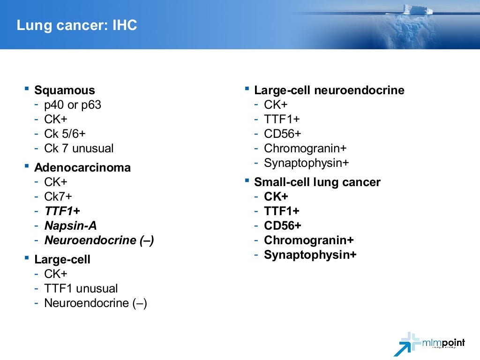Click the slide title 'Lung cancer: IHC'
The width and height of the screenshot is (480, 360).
click(77, 25)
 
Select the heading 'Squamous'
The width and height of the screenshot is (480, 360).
click(64, 90)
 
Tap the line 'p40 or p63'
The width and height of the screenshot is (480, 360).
click(72, 105)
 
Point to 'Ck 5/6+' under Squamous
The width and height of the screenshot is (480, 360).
click(65, 134)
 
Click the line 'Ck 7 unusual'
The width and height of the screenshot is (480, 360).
click(79, 149)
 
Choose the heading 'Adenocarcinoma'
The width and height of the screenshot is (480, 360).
click(82, 168)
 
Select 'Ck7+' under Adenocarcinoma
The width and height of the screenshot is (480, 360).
click(58, 197)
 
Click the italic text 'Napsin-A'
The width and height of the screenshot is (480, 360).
click(70, 226)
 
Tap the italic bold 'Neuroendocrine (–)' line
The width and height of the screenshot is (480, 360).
click(99, 240)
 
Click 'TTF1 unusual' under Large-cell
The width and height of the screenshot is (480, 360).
click(81, 289)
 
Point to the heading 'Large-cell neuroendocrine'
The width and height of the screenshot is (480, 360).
click(329, 90)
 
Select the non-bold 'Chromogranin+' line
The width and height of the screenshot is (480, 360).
click(305, 149)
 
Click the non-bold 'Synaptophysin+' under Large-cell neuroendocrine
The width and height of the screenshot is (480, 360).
click(307, 163)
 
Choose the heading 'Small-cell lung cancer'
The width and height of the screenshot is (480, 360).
click(317, 182)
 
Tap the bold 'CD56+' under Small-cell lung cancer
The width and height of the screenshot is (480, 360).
click(283, 226)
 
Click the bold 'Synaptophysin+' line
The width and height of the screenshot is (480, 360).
click(310, 255)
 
